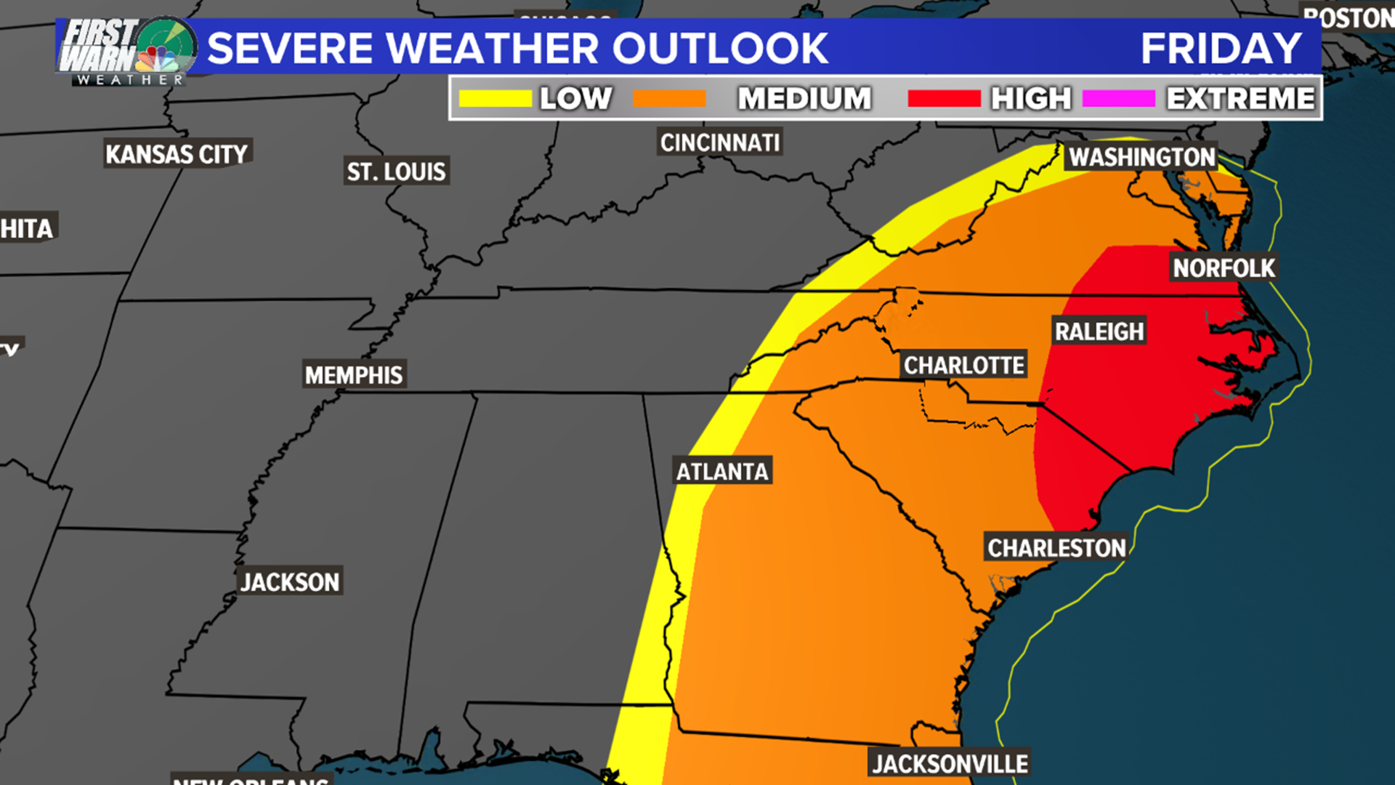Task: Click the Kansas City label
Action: click(177, 154)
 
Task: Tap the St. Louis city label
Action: click(396, 172)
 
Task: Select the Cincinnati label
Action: click(720, 142)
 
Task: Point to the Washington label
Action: click(1141, 157)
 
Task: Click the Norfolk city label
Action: click(1224, 268)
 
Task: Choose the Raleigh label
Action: click(1099, 331)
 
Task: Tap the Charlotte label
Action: click(963, 365)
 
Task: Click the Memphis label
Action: click(354, 375)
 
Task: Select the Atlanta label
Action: click(722, 472)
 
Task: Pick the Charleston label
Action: click(1056, 548)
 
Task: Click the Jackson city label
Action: click(290, 582)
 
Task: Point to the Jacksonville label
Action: click(950, 764)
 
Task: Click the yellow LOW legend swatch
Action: click(496, 99)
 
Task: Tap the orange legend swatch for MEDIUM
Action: click(669, 99)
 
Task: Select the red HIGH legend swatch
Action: click(944, 99)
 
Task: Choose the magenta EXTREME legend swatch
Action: click(1118, 99)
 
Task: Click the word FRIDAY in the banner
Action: click(1221, 49)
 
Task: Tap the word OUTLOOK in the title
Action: click(720, 49)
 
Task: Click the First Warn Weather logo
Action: click(127, 51)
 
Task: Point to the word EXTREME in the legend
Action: click(1240, 99)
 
